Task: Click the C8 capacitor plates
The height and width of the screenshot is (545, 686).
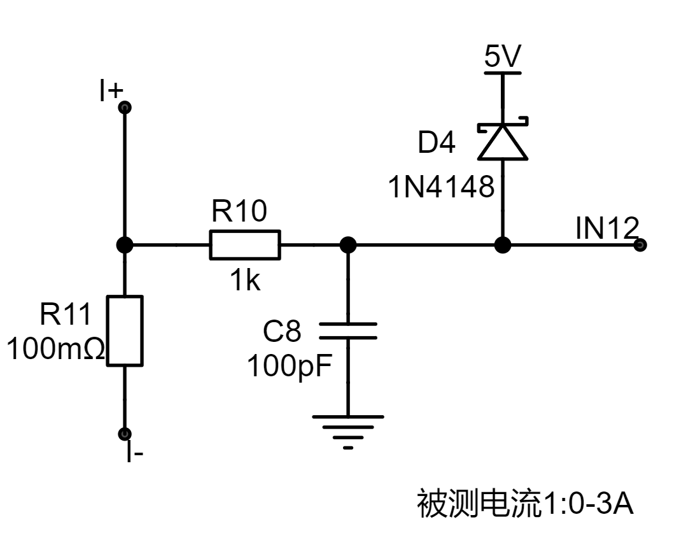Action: pos(348,331)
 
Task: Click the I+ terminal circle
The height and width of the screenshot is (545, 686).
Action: pos(125,107)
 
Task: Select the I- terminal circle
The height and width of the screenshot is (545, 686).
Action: pos(125,434)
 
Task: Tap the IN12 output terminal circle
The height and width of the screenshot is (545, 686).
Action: pos(640,244)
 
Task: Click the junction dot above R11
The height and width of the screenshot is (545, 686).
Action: pos(125,244)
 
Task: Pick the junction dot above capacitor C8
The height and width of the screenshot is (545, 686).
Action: pos(348,244)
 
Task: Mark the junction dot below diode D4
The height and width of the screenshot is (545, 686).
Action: pos(503,244)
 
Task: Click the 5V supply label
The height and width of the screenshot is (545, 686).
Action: pos(503,56)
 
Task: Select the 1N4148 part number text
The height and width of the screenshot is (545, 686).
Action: pos(441,187)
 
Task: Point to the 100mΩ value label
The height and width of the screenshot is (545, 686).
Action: pos(56,349)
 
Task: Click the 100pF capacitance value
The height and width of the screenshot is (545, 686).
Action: pos(290,366)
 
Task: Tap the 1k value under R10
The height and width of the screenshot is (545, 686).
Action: pos(246,280)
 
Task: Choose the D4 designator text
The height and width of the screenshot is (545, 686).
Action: pos(436,142)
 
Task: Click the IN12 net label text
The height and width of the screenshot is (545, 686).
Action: pos(607,228)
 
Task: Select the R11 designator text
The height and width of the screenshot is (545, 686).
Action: pos(65,314)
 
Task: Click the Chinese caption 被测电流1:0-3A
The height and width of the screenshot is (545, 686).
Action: pos(525,504)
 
